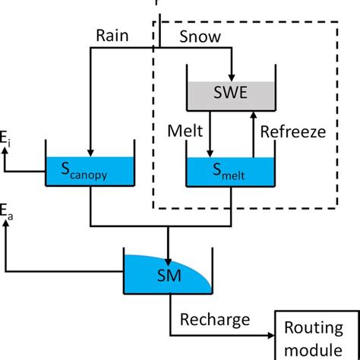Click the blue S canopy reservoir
coord(90,171)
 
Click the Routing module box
coord(313,337)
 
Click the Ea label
coord(6,208)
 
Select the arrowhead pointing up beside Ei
coord(6,150)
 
